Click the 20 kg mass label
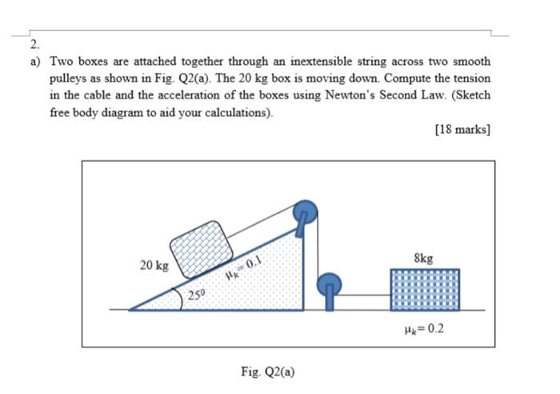coord(154,266)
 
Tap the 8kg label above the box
coord(423,258)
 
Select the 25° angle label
coord(197,295)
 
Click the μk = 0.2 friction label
coord(424,328)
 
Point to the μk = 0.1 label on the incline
coord(244,269)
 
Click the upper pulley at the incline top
coord(305,212)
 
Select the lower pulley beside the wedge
coord(330,285)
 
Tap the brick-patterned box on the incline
coord(202,249)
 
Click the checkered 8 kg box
coord(425,290)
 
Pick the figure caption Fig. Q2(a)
coord(268,372)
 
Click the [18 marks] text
coord(463,129)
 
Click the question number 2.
coord(34,45)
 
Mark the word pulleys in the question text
coord(68,78)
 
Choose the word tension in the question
coord(472,78)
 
